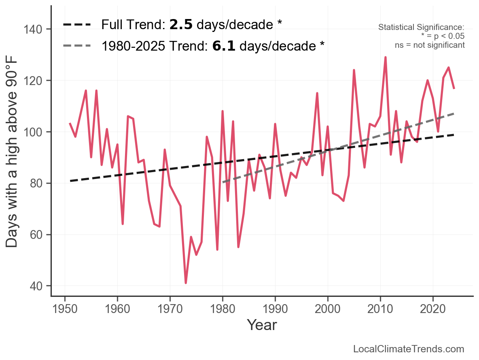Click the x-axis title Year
[262, 325]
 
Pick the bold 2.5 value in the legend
[180, 25]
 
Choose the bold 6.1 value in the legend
[223, 46]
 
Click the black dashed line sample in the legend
[77, 25]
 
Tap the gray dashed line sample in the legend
[77, 46]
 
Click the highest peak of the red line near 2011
[386, 58]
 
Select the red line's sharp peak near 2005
[354, 70]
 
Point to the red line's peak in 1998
[317, 93]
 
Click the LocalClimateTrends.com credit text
[409, 349]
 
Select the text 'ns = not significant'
[430, 45]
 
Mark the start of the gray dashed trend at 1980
[223, 182]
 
